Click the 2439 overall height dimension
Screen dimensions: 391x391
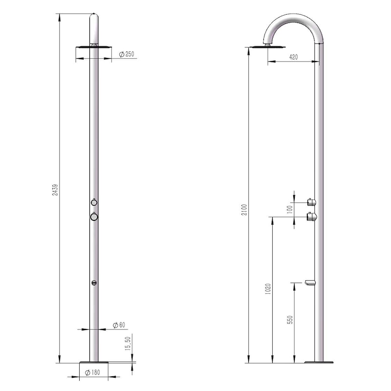(x=55, y=190)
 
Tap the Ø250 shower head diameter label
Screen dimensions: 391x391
(x=127, y=54)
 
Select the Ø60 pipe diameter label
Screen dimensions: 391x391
(x=119, y=325)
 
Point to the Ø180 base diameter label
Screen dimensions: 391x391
(x=92, y=372)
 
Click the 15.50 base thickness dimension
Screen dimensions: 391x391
(x=128, y=344)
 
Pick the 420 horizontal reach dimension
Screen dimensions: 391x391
(x=294, y=57)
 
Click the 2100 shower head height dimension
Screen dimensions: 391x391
(x=244, y=210)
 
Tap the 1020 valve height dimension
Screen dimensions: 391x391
(x=268, y=289)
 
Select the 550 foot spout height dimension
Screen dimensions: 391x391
(x=290, y=320)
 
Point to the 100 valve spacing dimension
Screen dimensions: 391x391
(x=289, y=210)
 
